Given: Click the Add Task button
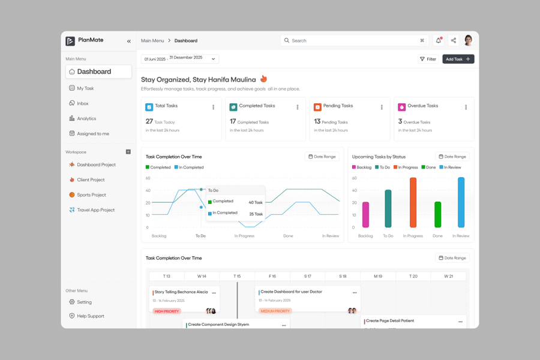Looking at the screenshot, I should coord(458,59).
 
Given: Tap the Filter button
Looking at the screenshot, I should coord(428,59).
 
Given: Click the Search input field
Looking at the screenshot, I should coord(354,40).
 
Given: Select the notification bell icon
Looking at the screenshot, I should coord(438,40).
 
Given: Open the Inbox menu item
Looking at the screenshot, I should coord(82,103).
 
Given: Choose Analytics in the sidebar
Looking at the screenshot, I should coord(86,118).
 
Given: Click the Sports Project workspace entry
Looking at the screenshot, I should coord(91,194).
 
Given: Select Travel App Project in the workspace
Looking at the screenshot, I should coord(95,210).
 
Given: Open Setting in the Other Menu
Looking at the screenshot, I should coord(84,302).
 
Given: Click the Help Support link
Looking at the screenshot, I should coord(90,316).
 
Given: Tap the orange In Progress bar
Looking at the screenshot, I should coord(413,203).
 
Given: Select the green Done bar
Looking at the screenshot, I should coord(437,214).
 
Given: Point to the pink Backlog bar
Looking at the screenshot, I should coord(365,214).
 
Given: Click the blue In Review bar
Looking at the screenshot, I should coord(461,202).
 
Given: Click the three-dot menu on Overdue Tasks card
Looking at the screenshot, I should coord(466,107).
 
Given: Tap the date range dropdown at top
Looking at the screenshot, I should coord(180,59).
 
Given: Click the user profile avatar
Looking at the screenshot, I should coord(468,40).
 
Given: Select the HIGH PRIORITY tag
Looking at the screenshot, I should coord(167,311).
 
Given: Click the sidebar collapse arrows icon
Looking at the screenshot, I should coord(128,41).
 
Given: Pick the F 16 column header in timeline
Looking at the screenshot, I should coord(272,276).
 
